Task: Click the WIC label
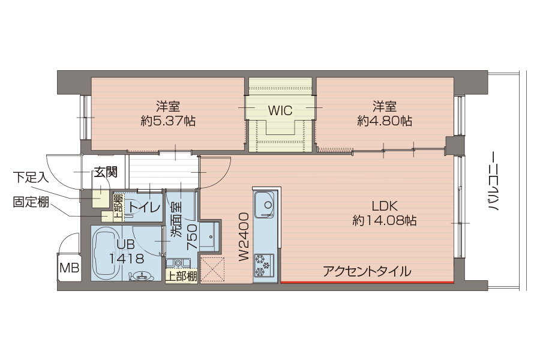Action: click(x=280, y=110)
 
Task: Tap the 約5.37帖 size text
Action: click(x=168, y=121)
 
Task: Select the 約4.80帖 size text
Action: click(x=385, y=121)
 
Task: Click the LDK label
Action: click(x=385, y=206)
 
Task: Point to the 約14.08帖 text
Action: click(x=385, y=220)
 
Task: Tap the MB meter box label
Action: click(x=69, y=268)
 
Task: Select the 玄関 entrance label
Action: click(x=106, y=172)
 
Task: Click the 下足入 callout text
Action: click(x=31, y=177)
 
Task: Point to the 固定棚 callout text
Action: click(x=31, y=202)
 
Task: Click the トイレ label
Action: click(x=145, y=208)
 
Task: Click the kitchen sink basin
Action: click(x=265, y=204)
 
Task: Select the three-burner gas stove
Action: click(x=265, y=265)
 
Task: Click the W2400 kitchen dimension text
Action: click(x=244, y=236)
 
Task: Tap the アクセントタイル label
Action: click(x=367, y=271)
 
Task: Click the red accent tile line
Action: click(x=367, y=283)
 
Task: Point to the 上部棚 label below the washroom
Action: click(x=181, y=276)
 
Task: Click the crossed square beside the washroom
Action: click(x=212, y=270)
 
